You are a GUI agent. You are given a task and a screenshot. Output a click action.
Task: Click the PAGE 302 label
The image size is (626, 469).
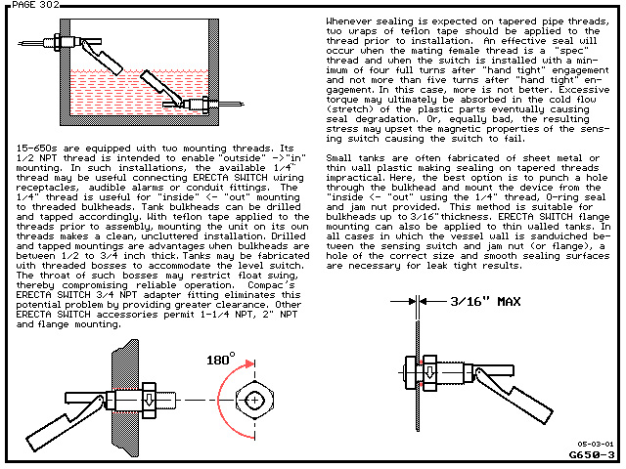tap(35, 5)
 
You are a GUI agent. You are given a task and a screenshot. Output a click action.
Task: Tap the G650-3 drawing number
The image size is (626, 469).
tap(592, 454)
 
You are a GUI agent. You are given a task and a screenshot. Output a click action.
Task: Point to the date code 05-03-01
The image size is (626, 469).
tap(596, 444)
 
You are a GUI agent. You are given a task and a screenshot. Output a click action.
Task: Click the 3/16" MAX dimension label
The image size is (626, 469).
tap(485, 302)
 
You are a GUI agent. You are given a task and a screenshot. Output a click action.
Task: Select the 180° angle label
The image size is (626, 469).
tap(220, 359)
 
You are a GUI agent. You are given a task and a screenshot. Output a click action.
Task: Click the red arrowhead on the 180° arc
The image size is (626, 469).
tap(250, 363)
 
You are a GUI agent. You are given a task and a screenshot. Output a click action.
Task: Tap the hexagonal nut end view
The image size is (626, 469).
tap(254, 400)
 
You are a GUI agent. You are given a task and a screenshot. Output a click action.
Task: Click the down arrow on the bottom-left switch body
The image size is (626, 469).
tap(149, 400)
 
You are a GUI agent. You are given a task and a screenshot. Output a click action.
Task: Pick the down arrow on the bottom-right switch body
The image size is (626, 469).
tap(429, 371)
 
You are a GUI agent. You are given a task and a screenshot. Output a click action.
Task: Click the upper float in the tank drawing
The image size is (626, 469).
tap(103, 57)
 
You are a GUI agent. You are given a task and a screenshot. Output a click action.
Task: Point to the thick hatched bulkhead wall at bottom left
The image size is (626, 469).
tap(126, 399)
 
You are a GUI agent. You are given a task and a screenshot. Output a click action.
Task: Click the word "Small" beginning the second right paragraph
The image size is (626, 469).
tap(339, 158)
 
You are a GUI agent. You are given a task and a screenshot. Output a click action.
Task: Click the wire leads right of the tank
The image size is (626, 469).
tap(232, 105)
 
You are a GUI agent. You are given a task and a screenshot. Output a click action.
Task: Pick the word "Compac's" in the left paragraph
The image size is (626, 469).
tap(271, 285)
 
